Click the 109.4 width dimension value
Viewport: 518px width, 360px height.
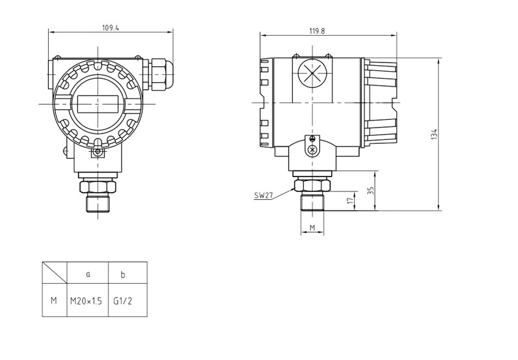tap(111, 27)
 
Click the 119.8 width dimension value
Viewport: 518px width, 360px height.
tap(317, 31)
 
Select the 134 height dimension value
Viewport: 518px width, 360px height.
tap(434, 134)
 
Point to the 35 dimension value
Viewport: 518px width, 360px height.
tap(371, 191)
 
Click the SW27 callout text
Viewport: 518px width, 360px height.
tap(264, 195)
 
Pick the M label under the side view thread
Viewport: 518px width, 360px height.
tap(312, 227)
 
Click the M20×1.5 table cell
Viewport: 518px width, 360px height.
tap(86, 301)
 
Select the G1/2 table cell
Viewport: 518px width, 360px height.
tap(122, 301)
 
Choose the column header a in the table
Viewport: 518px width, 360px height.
tap(88, 274)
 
